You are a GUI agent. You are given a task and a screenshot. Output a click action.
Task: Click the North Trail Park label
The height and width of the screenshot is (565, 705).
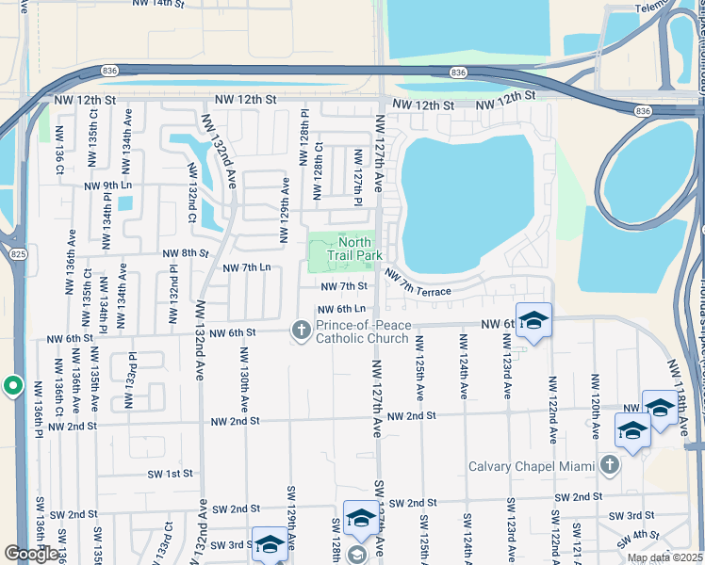[x=354, y=249]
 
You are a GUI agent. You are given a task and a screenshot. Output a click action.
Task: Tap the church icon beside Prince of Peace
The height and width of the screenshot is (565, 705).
[x=301, y=329]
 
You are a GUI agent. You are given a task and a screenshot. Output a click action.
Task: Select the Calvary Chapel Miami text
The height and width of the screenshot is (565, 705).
[x=533, y=466]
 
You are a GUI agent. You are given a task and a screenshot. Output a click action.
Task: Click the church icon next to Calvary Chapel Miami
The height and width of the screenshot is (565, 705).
[x=610, y=464]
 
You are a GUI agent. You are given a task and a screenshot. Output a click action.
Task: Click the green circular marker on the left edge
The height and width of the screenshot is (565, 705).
[x=12, y=385]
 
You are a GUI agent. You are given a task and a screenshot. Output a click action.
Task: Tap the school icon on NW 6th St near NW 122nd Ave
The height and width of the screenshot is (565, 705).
[x=533, y=321]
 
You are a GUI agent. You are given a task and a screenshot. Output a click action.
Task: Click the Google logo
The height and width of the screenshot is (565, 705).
[x=32, y=554]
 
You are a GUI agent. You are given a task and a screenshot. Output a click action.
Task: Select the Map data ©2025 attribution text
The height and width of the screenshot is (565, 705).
[x=665, y=557]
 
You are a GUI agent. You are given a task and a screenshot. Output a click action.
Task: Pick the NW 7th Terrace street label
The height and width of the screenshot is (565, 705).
[x=417, y=282]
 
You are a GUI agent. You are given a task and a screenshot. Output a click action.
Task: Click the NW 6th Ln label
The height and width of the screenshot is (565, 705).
[x=341, y=309]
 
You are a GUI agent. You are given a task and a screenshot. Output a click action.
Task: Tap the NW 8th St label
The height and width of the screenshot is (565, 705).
[x=184, y=253]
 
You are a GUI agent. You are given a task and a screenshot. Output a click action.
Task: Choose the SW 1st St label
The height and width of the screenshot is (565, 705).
[x=170, y=473]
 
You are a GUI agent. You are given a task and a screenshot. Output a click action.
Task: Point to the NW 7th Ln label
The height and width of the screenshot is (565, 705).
[x=246, y=268]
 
